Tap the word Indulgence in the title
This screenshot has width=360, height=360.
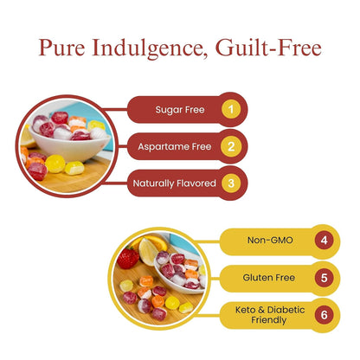pos(148,48)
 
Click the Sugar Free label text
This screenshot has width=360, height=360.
pos(179,110)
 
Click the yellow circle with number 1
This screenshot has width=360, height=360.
pos(229,110)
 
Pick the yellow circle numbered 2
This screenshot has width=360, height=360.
pos(229,146)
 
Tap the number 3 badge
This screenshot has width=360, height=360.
pos(229,183)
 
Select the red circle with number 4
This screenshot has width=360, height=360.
pos(324,241)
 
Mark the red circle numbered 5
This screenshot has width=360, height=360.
pos(324,279)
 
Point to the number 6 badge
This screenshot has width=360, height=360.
pos(324,315)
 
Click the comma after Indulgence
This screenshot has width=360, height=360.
pos(206,55)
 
